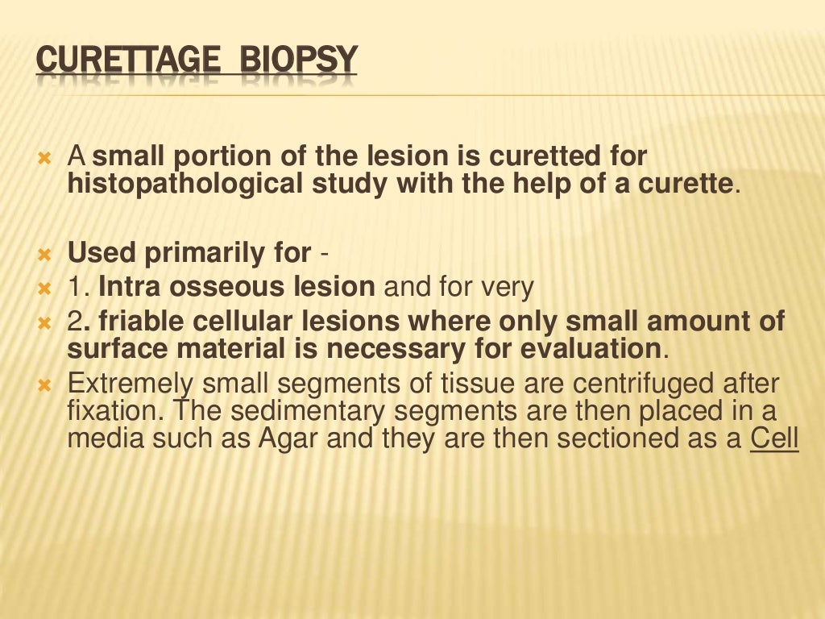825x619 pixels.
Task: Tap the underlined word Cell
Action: click(x=773, y=439)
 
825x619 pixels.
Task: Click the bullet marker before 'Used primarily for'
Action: click(x=44, y=255)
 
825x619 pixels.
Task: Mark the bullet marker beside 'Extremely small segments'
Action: click(x=44, y=384)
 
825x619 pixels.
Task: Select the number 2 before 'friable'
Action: click(x=74, y=321)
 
